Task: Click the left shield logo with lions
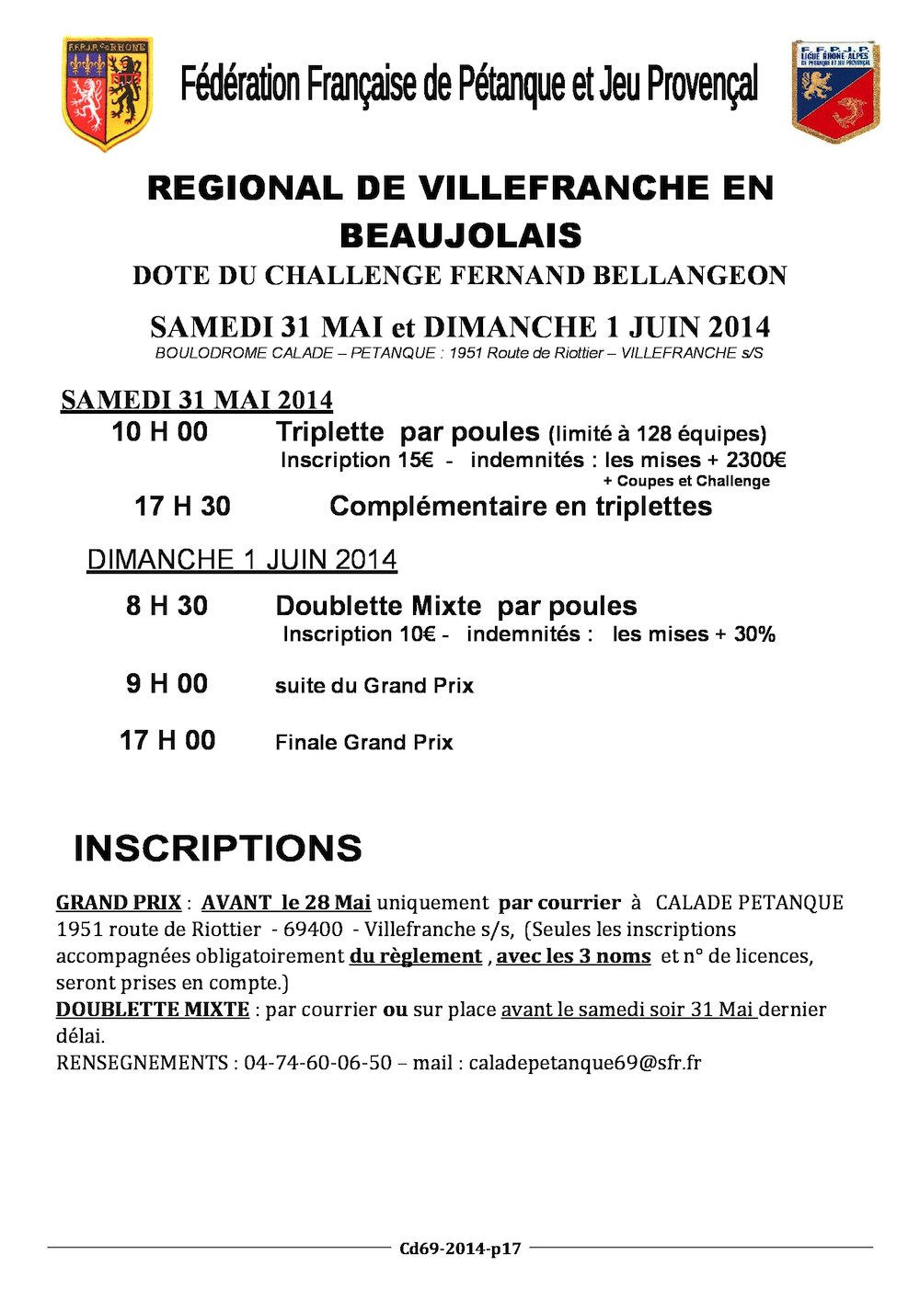pos(107,93)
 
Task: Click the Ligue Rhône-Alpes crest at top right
pos(835,91)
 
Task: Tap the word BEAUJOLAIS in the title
pos(460,235)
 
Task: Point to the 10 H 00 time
pos(159,432)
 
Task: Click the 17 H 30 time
pos(182,507)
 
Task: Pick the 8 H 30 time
pos(167,606)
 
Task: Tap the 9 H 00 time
pos(167,684)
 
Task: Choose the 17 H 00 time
pos(167,741)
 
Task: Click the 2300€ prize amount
pos(755,460)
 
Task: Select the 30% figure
pos(754,634)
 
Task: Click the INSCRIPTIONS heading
pos(218,849)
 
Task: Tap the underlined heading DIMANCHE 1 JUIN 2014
pos(241,560)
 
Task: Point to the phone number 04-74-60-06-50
pos(317,1063)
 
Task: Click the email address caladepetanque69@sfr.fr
pos(584,1063)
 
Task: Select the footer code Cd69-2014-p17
pos(460,1249)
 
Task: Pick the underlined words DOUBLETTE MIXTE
pos(153,1010)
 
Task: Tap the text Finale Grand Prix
pos(363,743)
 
